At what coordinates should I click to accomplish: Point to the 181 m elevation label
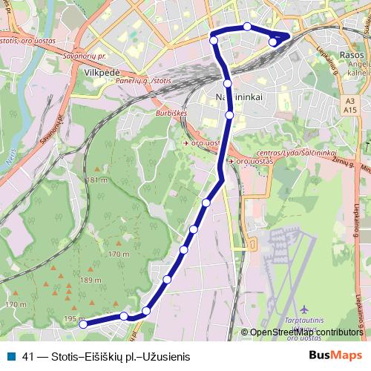[97, 180]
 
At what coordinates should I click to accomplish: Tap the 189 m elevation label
[91, 280]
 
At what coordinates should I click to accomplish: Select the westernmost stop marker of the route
[83, 324]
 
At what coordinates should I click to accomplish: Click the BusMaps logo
[335, 356]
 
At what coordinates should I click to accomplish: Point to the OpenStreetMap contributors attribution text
[306, 332]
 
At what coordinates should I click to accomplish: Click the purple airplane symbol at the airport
[304, 308]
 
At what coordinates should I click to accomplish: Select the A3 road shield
[351, 99]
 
